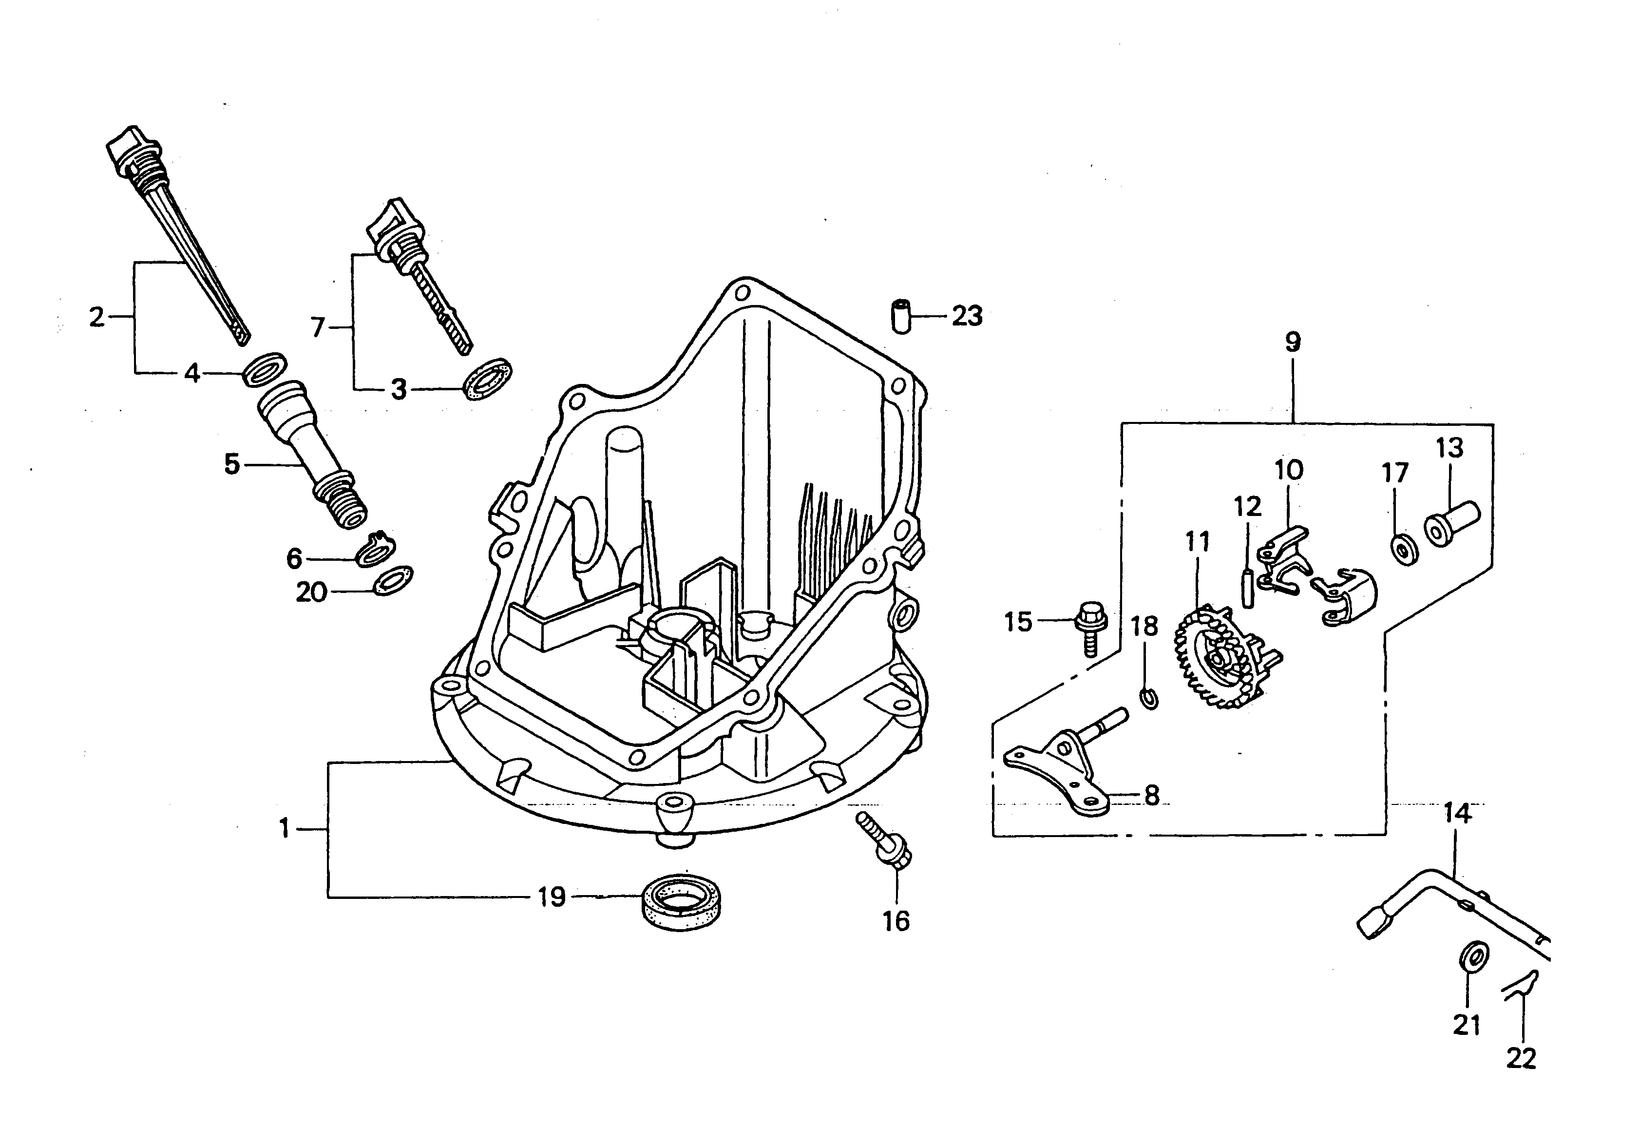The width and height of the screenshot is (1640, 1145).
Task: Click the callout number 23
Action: (967, 316)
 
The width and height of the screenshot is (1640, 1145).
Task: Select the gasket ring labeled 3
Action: (489, 381)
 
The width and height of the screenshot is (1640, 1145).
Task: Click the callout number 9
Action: (1293, 342)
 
